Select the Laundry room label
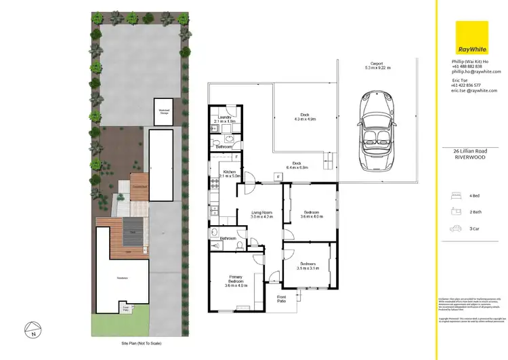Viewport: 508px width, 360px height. coord(224,119)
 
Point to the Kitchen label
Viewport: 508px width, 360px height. coord(228,174)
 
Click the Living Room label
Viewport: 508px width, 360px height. coord(262,215)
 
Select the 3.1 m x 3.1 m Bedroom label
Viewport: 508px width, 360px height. coord(308,266)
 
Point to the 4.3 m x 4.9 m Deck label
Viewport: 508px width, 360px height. coord(305,117)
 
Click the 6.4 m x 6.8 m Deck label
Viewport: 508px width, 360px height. coord(296,165)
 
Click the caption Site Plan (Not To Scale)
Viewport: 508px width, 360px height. coord(137,344)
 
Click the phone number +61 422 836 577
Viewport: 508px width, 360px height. coord(466,85)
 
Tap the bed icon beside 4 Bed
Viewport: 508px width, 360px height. coord(457,195)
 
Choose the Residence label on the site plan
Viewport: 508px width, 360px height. coord(122,278)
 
